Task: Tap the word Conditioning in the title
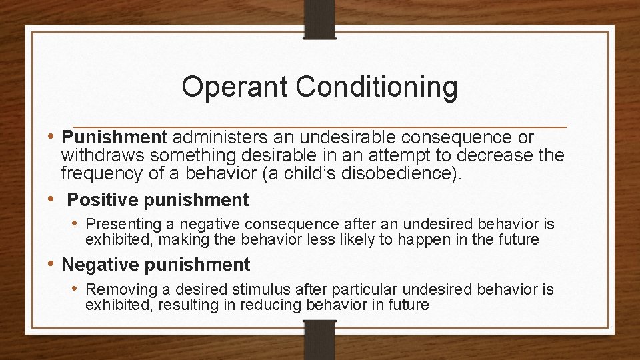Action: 377,87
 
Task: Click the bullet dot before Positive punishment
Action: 53,199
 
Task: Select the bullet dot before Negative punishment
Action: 53,264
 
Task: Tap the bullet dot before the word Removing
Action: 77,289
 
